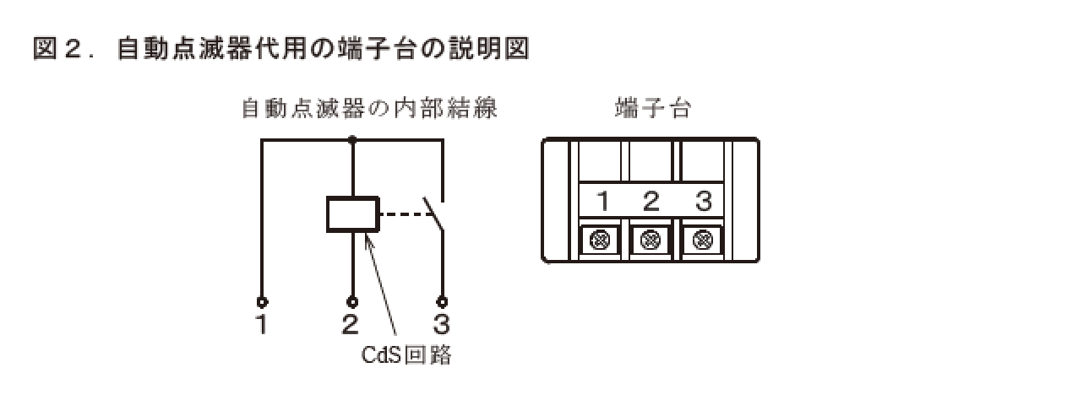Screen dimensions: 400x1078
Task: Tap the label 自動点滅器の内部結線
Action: [x=368, y=109]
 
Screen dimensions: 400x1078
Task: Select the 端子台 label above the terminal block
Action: [x=653, y=109]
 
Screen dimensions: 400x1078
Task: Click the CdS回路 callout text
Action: [x=406, y=355]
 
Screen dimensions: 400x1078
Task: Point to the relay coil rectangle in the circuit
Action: [x=353, y=214]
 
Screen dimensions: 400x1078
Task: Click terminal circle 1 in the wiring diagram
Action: [x=263, y=301]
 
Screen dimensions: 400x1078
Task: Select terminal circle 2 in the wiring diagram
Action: [x=352, y=301]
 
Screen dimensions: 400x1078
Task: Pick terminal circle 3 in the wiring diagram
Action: [x=441, y=301]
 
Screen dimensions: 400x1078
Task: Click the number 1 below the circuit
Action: [x=263, y=324]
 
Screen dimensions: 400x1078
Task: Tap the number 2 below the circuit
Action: [x=351, y=324]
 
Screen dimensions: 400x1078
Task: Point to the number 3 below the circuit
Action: [x=441, y=324]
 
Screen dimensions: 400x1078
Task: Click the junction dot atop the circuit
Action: [x=352, y=141]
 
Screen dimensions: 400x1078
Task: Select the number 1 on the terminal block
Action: [x=603, y=202]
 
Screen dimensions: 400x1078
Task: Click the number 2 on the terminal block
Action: [x=651, y=202]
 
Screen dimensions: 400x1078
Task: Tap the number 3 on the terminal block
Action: [x=703, y=202]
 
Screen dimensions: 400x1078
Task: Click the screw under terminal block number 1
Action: [x=601, y=241]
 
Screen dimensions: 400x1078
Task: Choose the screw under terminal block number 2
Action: [x=651, y=241]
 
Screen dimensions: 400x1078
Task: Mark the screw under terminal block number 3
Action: [x=701, y=241]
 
